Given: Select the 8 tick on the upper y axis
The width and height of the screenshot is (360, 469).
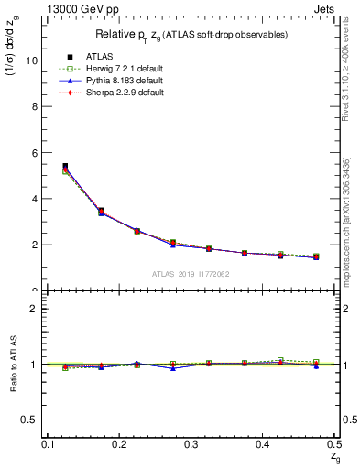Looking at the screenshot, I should pyautogui.click(x=38, y=106).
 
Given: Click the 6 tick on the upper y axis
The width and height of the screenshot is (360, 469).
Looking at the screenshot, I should pyautogui.click(x=38, y=152).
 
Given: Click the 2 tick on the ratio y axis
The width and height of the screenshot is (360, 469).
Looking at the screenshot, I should pyautogui.click(x=38, y=309).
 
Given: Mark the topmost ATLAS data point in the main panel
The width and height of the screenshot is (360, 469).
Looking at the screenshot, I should pyautogui.click(x=65, y=167).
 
